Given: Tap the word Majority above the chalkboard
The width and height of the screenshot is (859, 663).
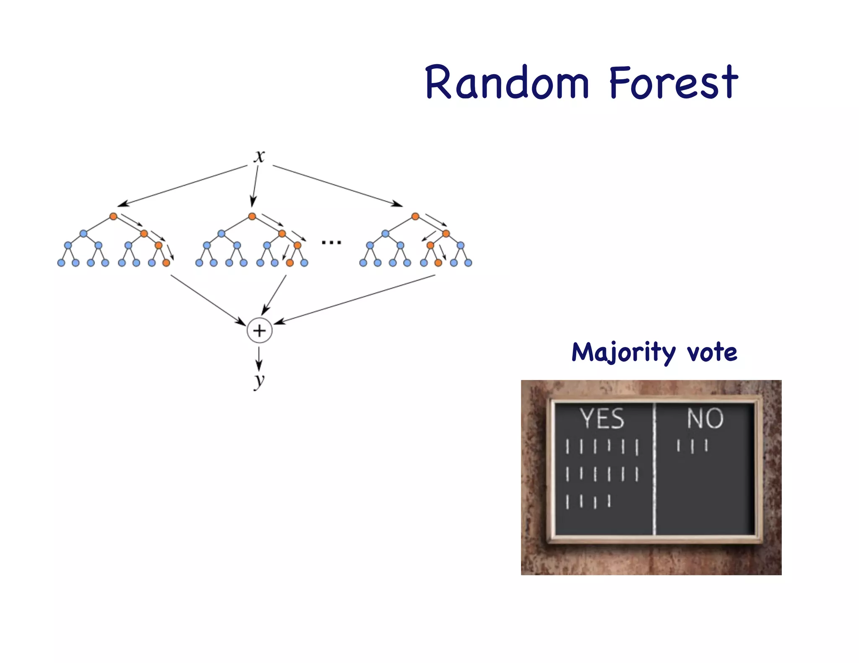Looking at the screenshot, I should pyautogui.click(x=623, y=352).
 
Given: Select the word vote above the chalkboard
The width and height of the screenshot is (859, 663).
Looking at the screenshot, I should pyautogui.click(x=712, y=352).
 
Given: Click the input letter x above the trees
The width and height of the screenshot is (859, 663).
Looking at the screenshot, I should pyautogui.click(x=259, y=156).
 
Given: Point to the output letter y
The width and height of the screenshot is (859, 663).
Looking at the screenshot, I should pyautogui.click(x=259, y=381).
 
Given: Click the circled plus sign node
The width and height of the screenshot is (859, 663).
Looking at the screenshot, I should pyautogui.click(x=260, y=331).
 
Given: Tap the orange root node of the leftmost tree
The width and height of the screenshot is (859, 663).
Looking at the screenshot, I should pyautogui.click(x=113, y=216).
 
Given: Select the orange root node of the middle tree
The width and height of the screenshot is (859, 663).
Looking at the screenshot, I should pyautogui.click(x=252, y=216).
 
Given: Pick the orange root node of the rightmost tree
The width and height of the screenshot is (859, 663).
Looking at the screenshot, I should pyautogui.click(x=415, y=216).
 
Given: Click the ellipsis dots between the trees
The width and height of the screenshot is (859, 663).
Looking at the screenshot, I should pyautogui.click(x=331, y=242).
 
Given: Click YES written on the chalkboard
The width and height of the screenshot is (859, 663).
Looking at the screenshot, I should pyautogui.click(x=602, y=419).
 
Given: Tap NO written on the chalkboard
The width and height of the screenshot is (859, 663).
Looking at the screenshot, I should pyautogui.click(x=705, y=418).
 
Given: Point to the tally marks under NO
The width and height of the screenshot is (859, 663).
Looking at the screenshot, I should pyautogui.click(x=692, y=445).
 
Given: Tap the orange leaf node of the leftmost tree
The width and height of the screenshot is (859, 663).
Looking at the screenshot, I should pyautogui.click(x=166, y=263).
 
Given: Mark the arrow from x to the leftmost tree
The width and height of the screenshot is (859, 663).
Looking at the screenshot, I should pyautogui.click(x=182, y=186).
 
